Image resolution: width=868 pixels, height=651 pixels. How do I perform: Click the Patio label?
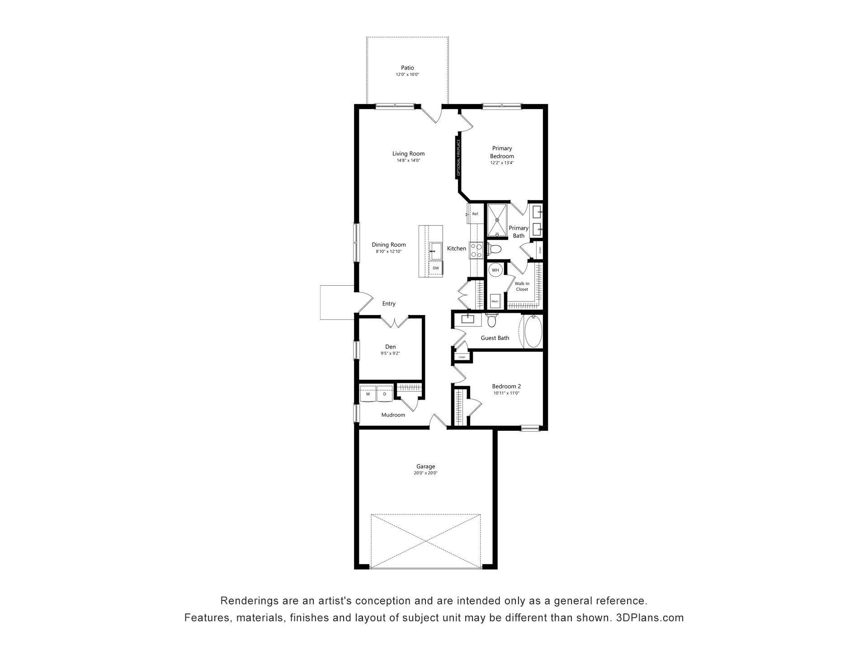pyautogui.click(x=407, y=68)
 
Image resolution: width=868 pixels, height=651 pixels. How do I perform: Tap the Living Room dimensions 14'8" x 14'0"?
pyautogui.click(x=408, y=160)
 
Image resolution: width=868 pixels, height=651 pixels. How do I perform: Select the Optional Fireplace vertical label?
pyautogui.click(x=458, y=157)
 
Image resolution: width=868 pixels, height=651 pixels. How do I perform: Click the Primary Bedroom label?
pyautogui.click(x=502, y=152)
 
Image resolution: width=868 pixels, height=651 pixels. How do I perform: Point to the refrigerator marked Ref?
pyautogui.click(x=475, y=214)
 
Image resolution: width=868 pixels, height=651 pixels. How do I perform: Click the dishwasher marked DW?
pyautogui.click(x=436, y=268)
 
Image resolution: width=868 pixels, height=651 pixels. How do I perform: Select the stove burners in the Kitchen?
pyautogui.click(x=476, y=250)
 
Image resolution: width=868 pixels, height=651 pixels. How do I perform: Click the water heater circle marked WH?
pyautogui.click(x=495, y=270)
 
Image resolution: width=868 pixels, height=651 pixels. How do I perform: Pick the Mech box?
pyautogui.click(x=495, y=301)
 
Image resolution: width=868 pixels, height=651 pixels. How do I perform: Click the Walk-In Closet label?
pyautogui.click(x=522, y=286)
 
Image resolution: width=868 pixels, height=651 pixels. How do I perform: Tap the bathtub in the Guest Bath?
pyautogui.click(x=533, y=331)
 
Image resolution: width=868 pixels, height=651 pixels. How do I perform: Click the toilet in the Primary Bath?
pyautogui.click(x=495, y=249)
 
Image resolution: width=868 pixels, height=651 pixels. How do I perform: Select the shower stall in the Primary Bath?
pyautogui.click(x=497, y=220)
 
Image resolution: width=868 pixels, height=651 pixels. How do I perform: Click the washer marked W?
pyautogui.click(x=368, y=394)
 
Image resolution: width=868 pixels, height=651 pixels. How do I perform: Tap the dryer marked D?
pyautogui.click(x=385, y=394)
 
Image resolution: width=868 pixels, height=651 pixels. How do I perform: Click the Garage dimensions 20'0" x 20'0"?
pyautogui.click(x=425, y=473)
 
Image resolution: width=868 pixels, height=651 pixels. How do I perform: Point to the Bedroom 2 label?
pyautogui.click(x=506, y=386)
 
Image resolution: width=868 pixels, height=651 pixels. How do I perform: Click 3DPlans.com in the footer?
pyautogui.click(x=650, y=618)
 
